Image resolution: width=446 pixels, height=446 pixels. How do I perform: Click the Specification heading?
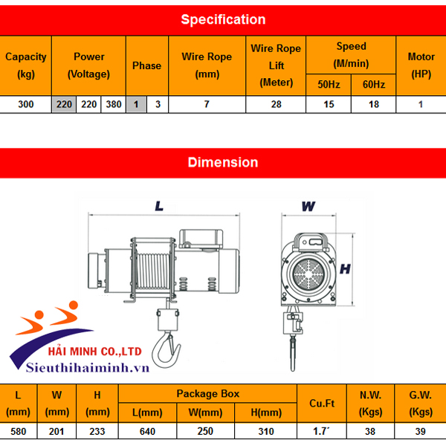point(223,19)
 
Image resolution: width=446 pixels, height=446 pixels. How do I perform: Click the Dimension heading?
point(223,162)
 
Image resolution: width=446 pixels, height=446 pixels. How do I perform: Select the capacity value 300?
point(26,104)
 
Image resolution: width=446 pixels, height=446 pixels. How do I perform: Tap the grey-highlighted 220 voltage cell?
point(64,104)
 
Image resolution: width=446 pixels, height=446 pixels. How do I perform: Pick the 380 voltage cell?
point(113,104)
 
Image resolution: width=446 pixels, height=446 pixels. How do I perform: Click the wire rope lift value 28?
point(276,104)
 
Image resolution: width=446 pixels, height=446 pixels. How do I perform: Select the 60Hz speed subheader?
point(373,85)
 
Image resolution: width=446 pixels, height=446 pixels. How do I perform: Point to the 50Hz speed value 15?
point(329,104)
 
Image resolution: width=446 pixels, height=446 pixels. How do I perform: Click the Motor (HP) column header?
point(421,65)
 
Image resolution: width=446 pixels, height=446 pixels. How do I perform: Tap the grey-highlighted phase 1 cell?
point(136,104)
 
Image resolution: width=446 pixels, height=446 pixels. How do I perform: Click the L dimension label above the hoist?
point(159,207)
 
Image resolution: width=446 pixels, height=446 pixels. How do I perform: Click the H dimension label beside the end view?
point(345,269)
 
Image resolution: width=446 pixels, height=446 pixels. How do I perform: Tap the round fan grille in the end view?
point(308,275)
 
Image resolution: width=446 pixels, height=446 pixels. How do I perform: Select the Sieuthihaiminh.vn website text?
point(88,367)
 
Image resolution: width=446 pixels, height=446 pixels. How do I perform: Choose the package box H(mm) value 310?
point(264,431)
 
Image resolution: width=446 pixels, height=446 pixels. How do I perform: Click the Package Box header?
point(207,394)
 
